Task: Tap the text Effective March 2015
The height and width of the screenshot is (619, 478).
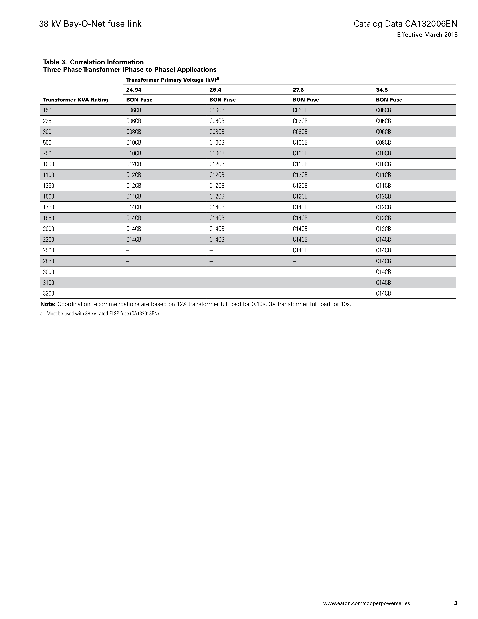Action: [x=427, y=35]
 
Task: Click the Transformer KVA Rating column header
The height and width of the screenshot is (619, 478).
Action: [x=76, y=100]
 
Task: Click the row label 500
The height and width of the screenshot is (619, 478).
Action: [x=47, y=143]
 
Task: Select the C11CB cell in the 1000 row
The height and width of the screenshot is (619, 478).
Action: [x=300, y=164]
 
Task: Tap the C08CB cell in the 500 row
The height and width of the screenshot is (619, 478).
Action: [x=383, y=143]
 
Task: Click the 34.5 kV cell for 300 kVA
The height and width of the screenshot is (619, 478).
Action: [x=383, y=132]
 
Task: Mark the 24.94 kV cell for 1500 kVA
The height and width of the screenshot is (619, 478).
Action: [x=134, y=196]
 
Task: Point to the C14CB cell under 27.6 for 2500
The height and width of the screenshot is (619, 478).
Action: [x=300, y=250]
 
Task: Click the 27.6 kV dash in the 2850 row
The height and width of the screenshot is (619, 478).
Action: [x=294, y=261]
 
